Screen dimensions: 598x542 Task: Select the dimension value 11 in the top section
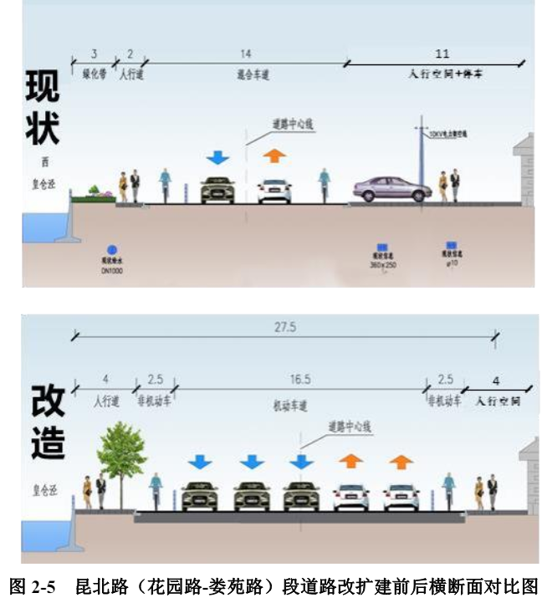[x=442, y=54]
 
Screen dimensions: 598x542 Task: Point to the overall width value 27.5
[x=285, y=328]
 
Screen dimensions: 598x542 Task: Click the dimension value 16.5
[x=301, y=380]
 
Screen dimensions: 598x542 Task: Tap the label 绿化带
[x=94, y=74]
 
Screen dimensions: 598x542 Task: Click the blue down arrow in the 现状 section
[x=217, y=157]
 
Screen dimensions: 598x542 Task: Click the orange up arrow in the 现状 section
[x=274, y=156]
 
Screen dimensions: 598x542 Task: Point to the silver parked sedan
[x=391, y=189]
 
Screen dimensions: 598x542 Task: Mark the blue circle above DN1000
[x=111, y=248]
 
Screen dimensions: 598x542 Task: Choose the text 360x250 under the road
[x=383, y=265]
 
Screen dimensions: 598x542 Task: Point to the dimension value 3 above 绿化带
[x=94, y=54]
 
